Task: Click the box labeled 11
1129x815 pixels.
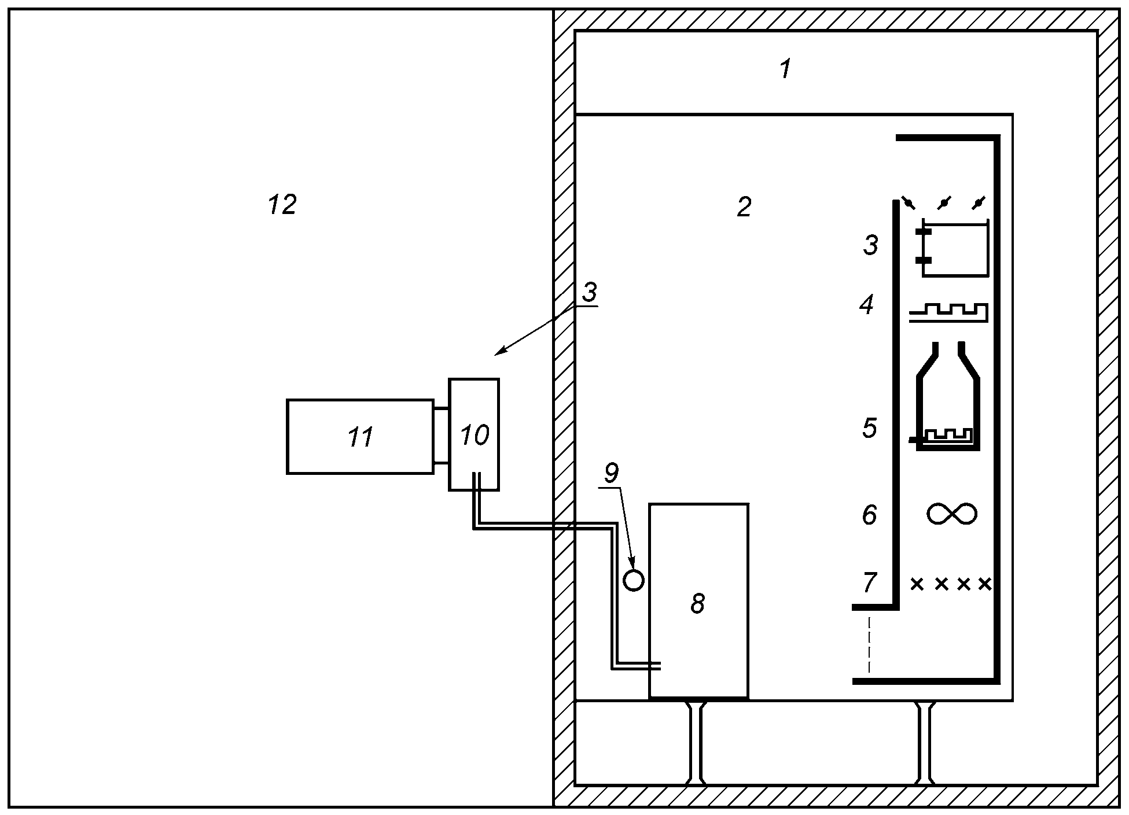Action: (360, 437)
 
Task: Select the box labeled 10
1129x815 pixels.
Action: (474, 434)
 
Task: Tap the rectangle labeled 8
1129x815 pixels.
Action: (698, 601)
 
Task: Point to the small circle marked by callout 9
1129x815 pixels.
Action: (634, 580)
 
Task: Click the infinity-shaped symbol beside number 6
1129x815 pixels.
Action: (952, 514)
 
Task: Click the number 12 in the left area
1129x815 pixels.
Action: (282, 204)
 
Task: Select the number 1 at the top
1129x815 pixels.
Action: (785, 69)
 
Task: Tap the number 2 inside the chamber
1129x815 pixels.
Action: (744, 206)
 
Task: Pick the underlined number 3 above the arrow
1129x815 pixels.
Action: (589, 292)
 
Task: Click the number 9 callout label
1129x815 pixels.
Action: (611, 473)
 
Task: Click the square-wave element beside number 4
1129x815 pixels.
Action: (948, 312)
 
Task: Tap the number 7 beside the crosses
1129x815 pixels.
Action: (869, 583)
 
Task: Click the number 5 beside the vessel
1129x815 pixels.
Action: (869, 428)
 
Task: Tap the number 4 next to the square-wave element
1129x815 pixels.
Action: (867, 305)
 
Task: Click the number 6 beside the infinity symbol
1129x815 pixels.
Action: (869, 515)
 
